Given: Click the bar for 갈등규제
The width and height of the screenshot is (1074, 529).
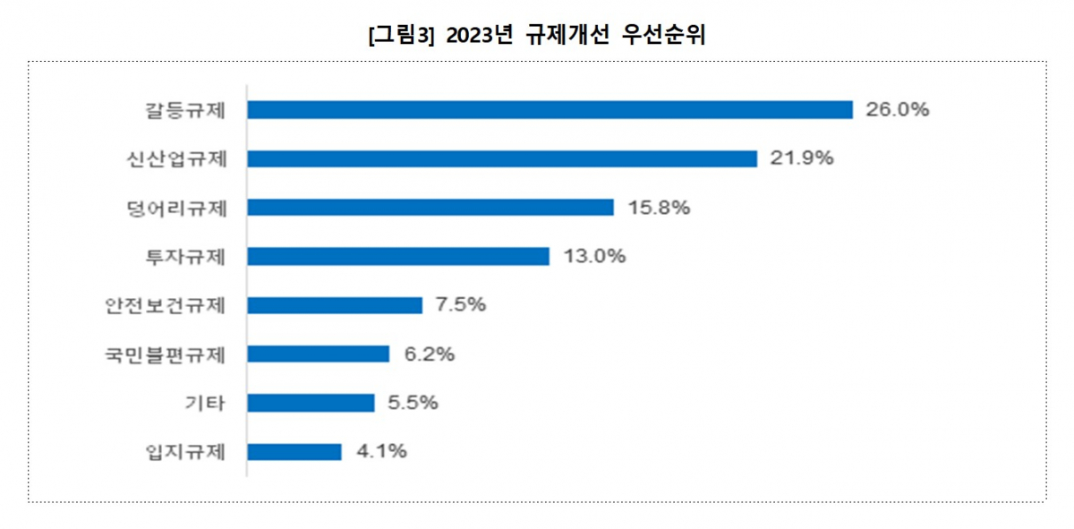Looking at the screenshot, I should [550, 109].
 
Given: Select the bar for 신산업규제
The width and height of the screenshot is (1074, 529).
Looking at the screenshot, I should [502, 158].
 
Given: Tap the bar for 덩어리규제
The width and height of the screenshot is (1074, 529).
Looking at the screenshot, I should [430, 208].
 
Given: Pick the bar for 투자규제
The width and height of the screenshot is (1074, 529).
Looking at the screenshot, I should [398, 256].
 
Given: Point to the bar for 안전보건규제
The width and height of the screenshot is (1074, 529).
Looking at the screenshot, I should [335, 305].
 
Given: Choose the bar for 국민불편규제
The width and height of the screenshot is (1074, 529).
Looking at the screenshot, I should [319, 354].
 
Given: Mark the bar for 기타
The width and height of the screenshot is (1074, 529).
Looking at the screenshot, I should [311, 403].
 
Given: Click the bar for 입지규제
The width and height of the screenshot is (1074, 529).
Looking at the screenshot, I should [294, 451].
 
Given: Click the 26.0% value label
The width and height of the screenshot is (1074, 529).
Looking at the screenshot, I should [898, 109].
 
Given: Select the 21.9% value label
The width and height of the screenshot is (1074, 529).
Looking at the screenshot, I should [802, 158].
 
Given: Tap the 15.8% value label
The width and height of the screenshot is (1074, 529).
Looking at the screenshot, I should [658, 208].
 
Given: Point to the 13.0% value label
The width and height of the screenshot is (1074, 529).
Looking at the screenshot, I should [594, 256].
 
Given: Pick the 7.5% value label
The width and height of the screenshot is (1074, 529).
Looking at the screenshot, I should [460, 305].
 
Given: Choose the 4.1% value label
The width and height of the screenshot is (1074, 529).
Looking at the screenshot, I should [381, 451].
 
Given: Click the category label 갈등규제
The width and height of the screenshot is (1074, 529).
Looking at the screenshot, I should [185, 110].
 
